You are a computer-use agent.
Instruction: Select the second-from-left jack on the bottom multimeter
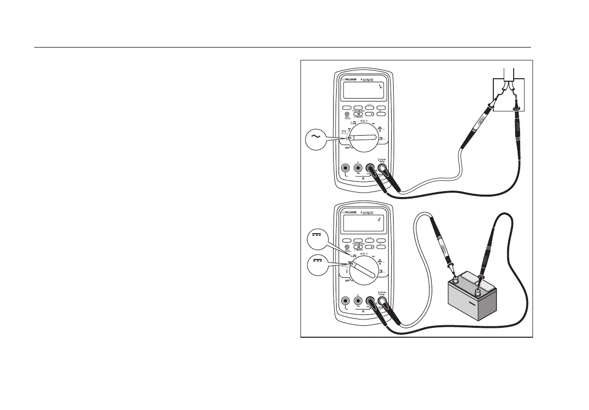[358, 301]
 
